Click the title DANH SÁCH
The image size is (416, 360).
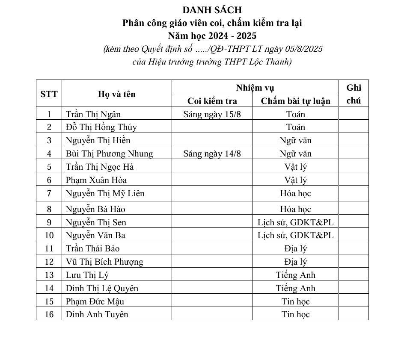[212, 10]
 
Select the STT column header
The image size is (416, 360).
[49, 94]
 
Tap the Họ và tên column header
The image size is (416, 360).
[116, 94]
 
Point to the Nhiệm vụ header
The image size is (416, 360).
[255, 88]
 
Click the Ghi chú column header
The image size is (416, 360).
[354, 94]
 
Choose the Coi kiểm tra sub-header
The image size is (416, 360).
[212, 101]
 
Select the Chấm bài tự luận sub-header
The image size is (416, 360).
[295, 101]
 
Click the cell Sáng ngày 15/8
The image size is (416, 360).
[212, 114]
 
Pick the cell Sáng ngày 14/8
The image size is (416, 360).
[212, 153]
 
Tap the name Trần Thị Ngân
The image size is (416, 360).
[93, 114]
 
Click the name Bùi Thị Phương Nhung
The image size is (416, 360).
[109, 153]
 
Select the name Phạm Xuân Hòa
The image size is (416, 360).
[96, 180]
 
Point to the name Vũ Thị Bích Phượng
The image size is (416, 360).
[104, 262]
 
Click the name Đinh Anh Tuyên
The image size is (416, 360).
[97, 314]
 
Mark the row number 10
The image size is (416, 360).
[49, 235]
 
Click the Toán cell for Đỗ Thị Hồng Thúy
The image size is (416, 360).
[295, 127]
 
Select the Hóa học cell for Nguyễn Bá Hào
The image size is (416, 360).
[295, 209]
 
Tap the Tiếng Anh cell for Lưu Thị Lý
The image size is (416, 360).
[295, 275]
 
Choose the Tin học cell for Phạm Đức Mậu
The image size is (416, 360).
[295, 301]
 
